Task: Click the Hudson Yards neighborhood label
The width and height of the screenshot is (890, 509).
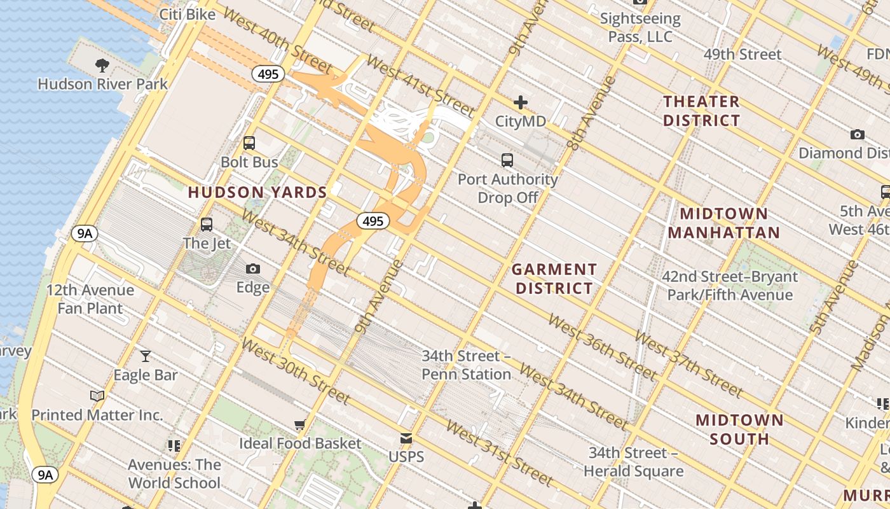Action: pos(257,192)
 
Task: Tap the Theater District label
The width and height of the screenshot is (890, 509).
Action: pos(702,111)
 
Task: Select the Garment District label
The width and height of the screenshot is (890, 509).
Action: pos(554,279)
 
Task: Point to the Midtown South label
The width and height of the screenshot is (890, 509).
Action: pos(739,429)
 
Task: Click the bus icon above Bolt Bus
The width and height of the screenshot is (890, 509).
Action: pos(249,143)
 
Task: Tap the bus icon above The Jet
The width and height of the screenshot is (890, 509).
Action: pos(207,224)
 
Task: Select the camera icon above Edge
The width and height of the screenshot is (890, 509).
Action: pos(253,269)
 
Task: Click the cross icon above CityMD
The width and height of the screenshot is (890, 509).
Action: pos(521,102)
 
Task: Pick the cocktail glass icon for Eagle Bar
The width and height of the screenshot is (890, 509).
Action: pos(146,356)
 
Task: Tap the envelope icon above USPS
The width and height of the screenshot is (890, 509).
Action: pos(406,438)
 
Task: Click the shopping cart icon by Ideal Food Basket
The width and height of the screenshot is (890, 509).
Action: pos(299,424)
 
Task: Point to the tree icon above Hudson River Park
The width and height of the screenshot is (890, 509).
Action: pos(102,64)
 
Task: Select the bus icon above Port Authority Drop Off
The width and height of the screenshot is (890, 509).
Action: pos(507,160)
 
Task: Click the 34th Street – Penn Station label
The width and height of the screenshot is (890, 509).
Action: pos(466,365)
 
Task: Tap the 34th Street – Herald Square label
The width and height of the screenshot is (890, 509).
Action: pos(633,462)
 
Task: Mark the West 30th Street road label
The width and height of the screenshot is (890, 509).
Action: pos(296,371)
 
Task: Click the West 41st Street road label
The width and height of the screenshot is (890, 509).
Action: pos(420,87)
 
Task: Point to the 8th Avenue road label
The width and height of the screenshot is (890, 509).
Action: pos(592,113)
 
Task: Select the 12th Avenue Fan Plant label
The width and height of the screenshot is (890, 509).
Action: pos(90,299)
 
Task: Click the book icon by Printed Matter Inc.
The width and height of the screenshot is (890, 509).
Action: pos(97,396)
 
